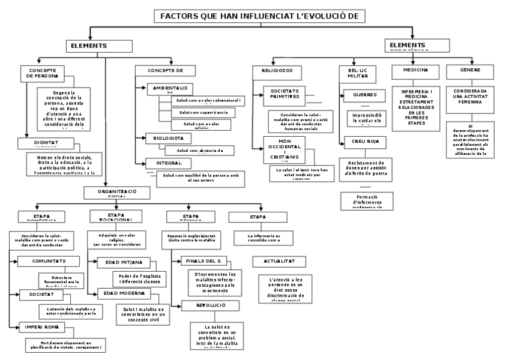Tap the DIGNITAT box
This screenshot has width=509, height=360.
[44, 143]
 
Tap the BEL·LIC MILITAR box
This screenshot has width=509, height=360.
[357, 73]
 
